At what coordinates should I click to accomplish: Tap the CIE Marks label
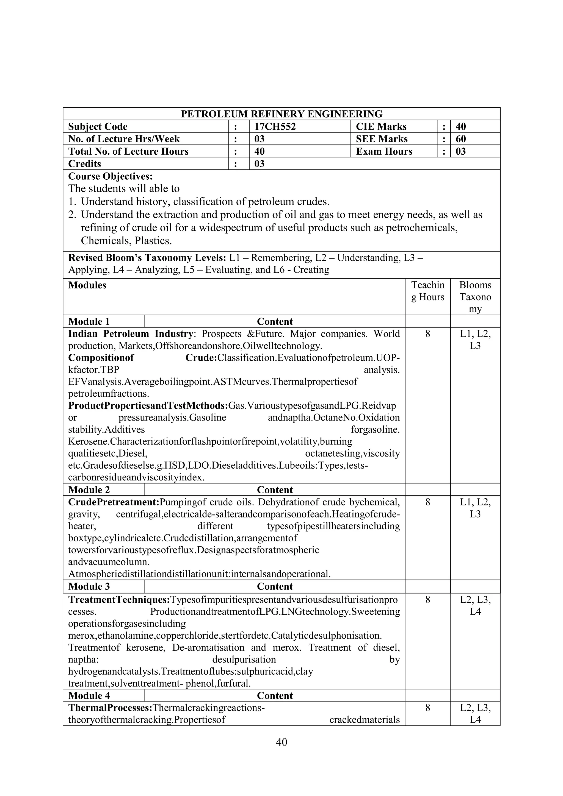[x=381, y=127]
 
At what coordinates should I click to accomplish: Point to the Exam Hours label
[x=384, y=152]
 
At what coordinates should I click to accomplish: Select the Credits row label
[x=85, y=164]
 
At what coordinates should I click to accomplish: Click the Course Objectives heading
[x=110, y=176]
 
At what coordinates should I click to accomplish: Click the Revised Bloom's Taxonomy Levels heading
[x=147, y=258]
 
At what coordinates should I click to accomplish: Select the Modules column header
[x=87, y=285]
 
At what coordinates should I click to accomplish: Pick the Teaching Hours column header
[x=427, y=291]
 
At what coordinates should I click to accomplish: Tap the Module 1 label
[x=89, y=321]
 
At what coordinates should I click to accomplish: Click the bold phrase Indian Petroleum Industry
[x=130, y=334]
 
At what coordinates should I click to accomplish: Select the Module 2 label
[x=89, y=490]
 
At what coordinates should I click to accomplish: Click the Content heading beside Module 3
[x=275, y=587]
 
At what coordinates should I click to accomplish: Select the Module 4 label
[x=89, y=696]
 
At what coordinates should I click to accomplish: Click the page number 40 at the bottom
[x=281, y=742]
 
